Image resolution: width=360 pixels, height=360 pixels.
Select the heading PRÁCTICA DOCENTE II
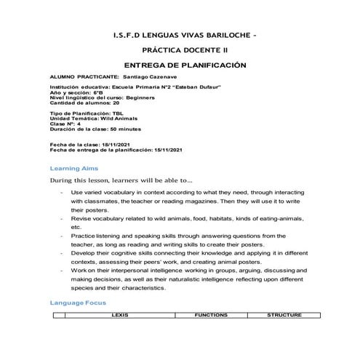[x=180, y=50]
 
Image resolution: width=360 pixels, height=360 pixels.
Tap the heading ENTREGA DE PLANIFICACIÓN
[x=180, y=65]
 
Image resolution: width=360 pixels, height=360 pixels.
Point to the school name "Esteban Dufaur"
[x=170, y=87]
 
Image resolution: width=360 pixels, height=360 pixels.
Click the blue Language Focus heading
[x=78, y=302]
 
